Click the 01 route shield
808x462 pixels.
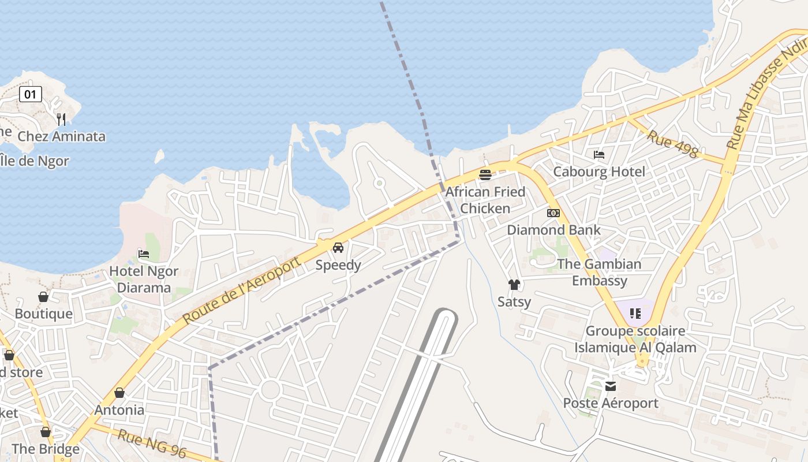tap(31, 94)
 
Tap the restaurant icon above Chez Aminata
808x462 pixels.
tap(61, 119)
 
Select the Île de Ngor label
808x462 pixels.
tap(35, 161)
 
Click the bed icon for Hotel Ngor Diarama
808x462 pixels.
tap(144, 254)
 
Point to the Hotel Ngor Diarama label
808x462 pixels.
tap(144, 279)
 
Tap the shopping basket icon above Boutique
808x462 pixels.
tap(43, 297)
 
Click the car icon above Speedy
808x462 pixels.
tap(338, 248)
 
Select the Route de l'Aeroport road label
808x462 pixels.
tap(242, 290)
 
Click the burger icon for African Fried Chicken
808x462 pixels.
tap(485, 174)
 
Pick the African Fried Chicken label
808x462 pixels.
tap(485, 200)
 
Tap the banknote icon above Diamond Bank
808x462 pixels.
tap(553, 213)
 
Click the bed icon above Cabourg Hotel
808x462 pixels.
tap(599, 155)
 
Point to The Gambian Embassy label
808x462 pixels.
tap(599, 272)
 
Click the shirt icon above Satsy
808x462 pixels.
tap(514, 285)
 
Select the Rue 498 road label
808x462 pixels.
tap(672, 144)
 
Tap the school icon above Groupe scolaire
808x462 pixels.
tap(635, 314)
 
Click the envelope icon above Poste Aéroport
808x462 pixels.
tap(611, 386)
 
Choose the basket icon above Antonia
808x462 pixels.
tap(119, 393)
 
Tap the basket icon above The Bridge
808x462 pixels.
tap(46, 432)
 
